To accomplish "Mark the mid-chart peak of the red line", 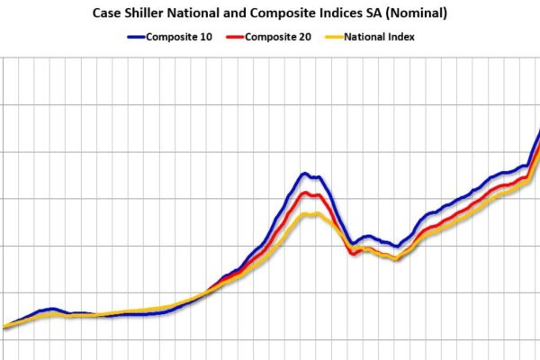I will (x=309, y=193).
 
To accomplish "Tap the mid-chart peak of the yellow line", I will (x=309, y=213).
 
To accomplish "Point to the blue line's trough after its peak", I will (x=351, y=243).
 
